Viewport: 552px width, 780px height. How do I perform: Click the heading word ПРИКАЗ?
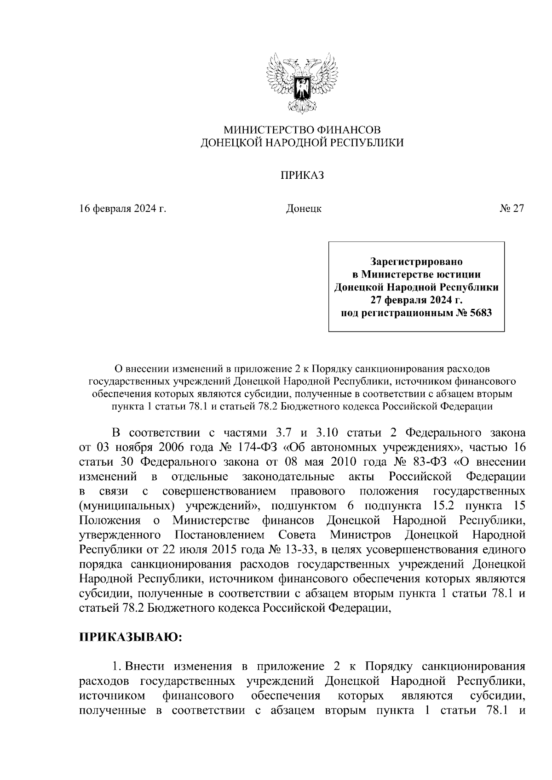(302, 175)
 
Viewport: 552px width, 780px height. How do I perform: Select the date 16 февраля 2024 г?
(122, 209)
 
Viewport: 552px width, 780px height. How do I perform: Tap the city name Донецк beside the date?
(304, 209)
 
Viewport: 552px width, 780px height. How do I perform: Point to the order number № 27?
(512, 209)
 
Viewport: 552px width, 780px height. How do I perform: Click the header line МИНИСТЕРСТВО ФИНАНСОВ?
(302, 130)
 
